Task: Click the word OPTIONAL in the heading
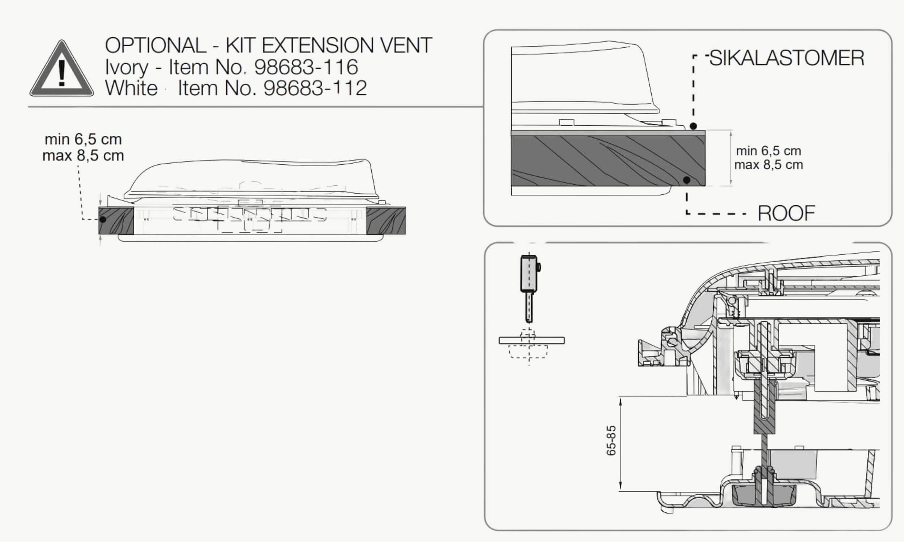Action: [x=155, y=45]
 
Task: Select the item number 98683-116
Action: [x=306, y=67]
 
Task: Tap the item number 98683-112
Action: [x=315, y=88]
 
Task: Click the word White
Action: [x=132, y=88]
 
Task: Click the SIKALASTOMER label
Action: [x=787, y=58]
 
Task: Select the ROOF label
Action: [x=786, y=213]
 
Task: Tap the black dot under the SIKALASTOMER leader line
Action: [x=693, y=126]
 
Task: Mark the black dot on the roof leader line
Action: [x=687, y=180]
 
